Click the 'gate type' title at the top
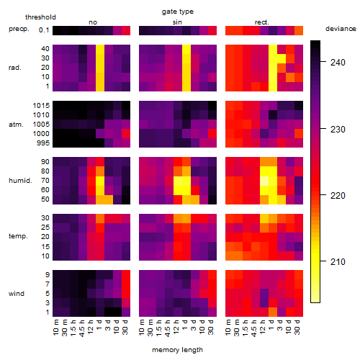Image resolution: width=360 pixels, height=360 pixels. (x=178, y=12)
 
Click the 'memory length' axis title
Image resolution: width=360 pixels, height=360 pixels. (x=178, y=350)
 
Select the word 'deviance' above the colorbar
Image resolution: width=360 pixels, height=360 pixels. (x=341, y=29)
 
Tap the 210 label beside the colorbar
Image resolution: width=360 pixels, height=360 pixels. (x=338, y=261)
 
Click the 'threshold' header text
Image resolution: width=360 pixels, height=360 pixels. (x=40, y=17)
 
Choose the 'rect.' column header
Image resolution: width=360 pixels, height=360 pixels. (x=261, y=22)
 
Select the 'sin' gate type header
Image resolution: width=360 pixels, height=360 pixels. (x=177, y=22)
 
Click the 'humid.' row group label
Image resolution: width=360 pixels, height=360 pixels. (x=20, y=181)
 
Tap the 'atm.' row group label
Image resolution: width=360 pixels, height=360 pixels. (x=16, y=125)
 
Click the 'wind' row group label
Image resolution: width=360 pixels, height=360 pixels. (x=17, y=294)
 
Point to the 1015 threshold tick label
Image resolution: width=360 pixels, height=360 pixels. (x=41, y=106)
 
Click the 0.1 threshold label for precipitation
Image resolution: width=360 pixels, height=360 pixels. (x=44, y=30)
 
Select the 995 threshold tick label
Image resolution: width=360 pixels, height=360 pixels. (x=43, y=143)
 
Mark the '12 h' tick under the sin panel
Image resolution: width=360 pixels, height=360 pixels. (x=176, y=327)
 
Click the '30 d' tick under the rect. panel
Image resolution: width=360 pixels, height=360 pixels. (x=297, y=327)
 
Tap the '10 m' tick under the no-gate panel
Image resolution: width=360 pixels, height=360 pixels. (x=55, y=328)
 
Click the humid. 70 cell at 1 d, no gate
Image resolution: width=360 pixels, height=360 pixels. (x=100, y=181)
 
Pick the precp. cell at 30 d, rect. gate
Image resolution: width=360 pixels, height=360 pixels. (x=299, y=30)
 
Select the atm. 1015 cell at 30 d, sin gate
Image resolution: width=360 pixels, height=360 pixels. (x=212, y=106)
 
